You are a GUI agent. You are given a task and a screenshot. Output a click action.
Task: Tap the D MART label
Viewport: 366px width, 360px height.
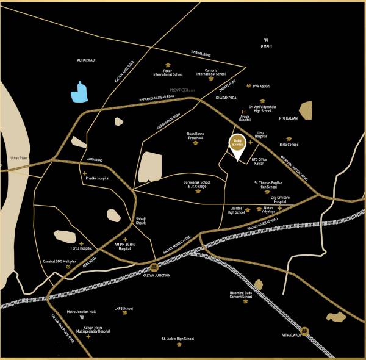tap(266, 47)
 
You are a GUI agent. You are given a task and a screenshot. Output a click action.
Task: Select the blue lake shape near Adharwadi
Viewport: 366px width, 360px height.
tap(79, 92)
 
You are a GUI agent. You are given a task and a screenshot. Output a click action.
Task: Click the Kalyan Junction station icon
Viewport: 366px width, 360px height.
tap(153, 267)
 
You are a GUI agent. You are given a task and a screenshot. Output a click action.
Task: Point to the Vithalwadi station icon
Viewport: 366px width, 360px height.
tap(304, 333)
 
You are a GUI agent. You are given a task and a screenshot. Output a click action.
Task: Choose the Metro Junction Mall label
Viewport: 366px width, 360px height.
tap(81, 311)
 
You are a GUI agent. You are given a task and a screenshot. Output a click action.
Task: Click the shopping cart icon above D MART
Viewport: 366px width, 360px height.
tap(266, 40)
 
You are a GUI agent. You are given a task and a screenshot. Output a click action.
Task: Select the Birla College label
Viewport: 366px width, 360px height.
tap(289, 145)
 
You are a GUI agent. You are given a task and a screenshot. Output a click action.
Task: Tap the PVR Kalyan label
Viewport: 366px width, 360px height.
tap(260, 87)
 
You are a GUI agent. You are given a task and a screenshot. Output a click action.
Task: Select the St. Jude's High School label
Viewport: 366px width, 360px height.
tap(178, 338)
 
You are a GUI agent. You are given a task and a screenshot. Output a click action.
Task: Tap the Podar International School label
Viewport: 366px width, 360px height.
tap(168, 73)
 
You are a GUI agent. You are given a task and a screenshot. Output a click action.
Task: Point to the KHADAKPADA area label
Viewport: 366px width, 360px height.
tap(225, 98)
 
